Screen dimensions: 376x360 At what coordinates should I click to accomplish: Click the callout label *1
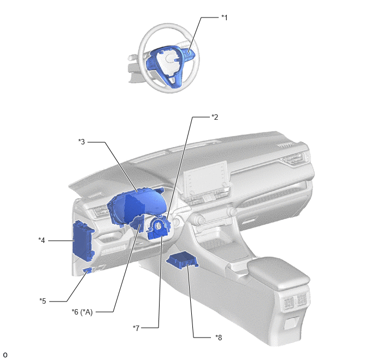(224, 18)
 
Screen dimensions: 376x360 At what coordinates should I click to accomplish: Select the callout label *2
(215, 117)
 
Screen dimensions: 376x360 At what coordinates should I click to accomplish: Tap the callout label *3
(81, 142)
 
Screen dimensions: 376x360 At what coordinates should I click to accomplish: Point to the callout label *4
(42, 240)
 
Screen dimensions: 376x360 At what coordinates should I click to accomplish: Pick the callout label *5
(43, 301)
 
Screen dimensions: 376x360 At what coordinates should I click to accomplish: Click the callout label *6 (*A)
(82, 312)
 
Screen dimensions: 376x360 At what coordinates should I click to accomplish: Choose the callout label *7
(136, 328)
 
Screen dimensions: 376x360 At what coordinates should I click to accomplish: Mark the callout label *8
(219, 338)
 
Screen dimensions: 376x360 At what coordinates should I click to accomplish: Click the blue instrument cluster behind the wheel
(137, 206)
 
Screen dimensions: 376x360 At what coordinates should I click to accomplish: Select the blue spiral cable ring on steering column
(158, 228)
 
